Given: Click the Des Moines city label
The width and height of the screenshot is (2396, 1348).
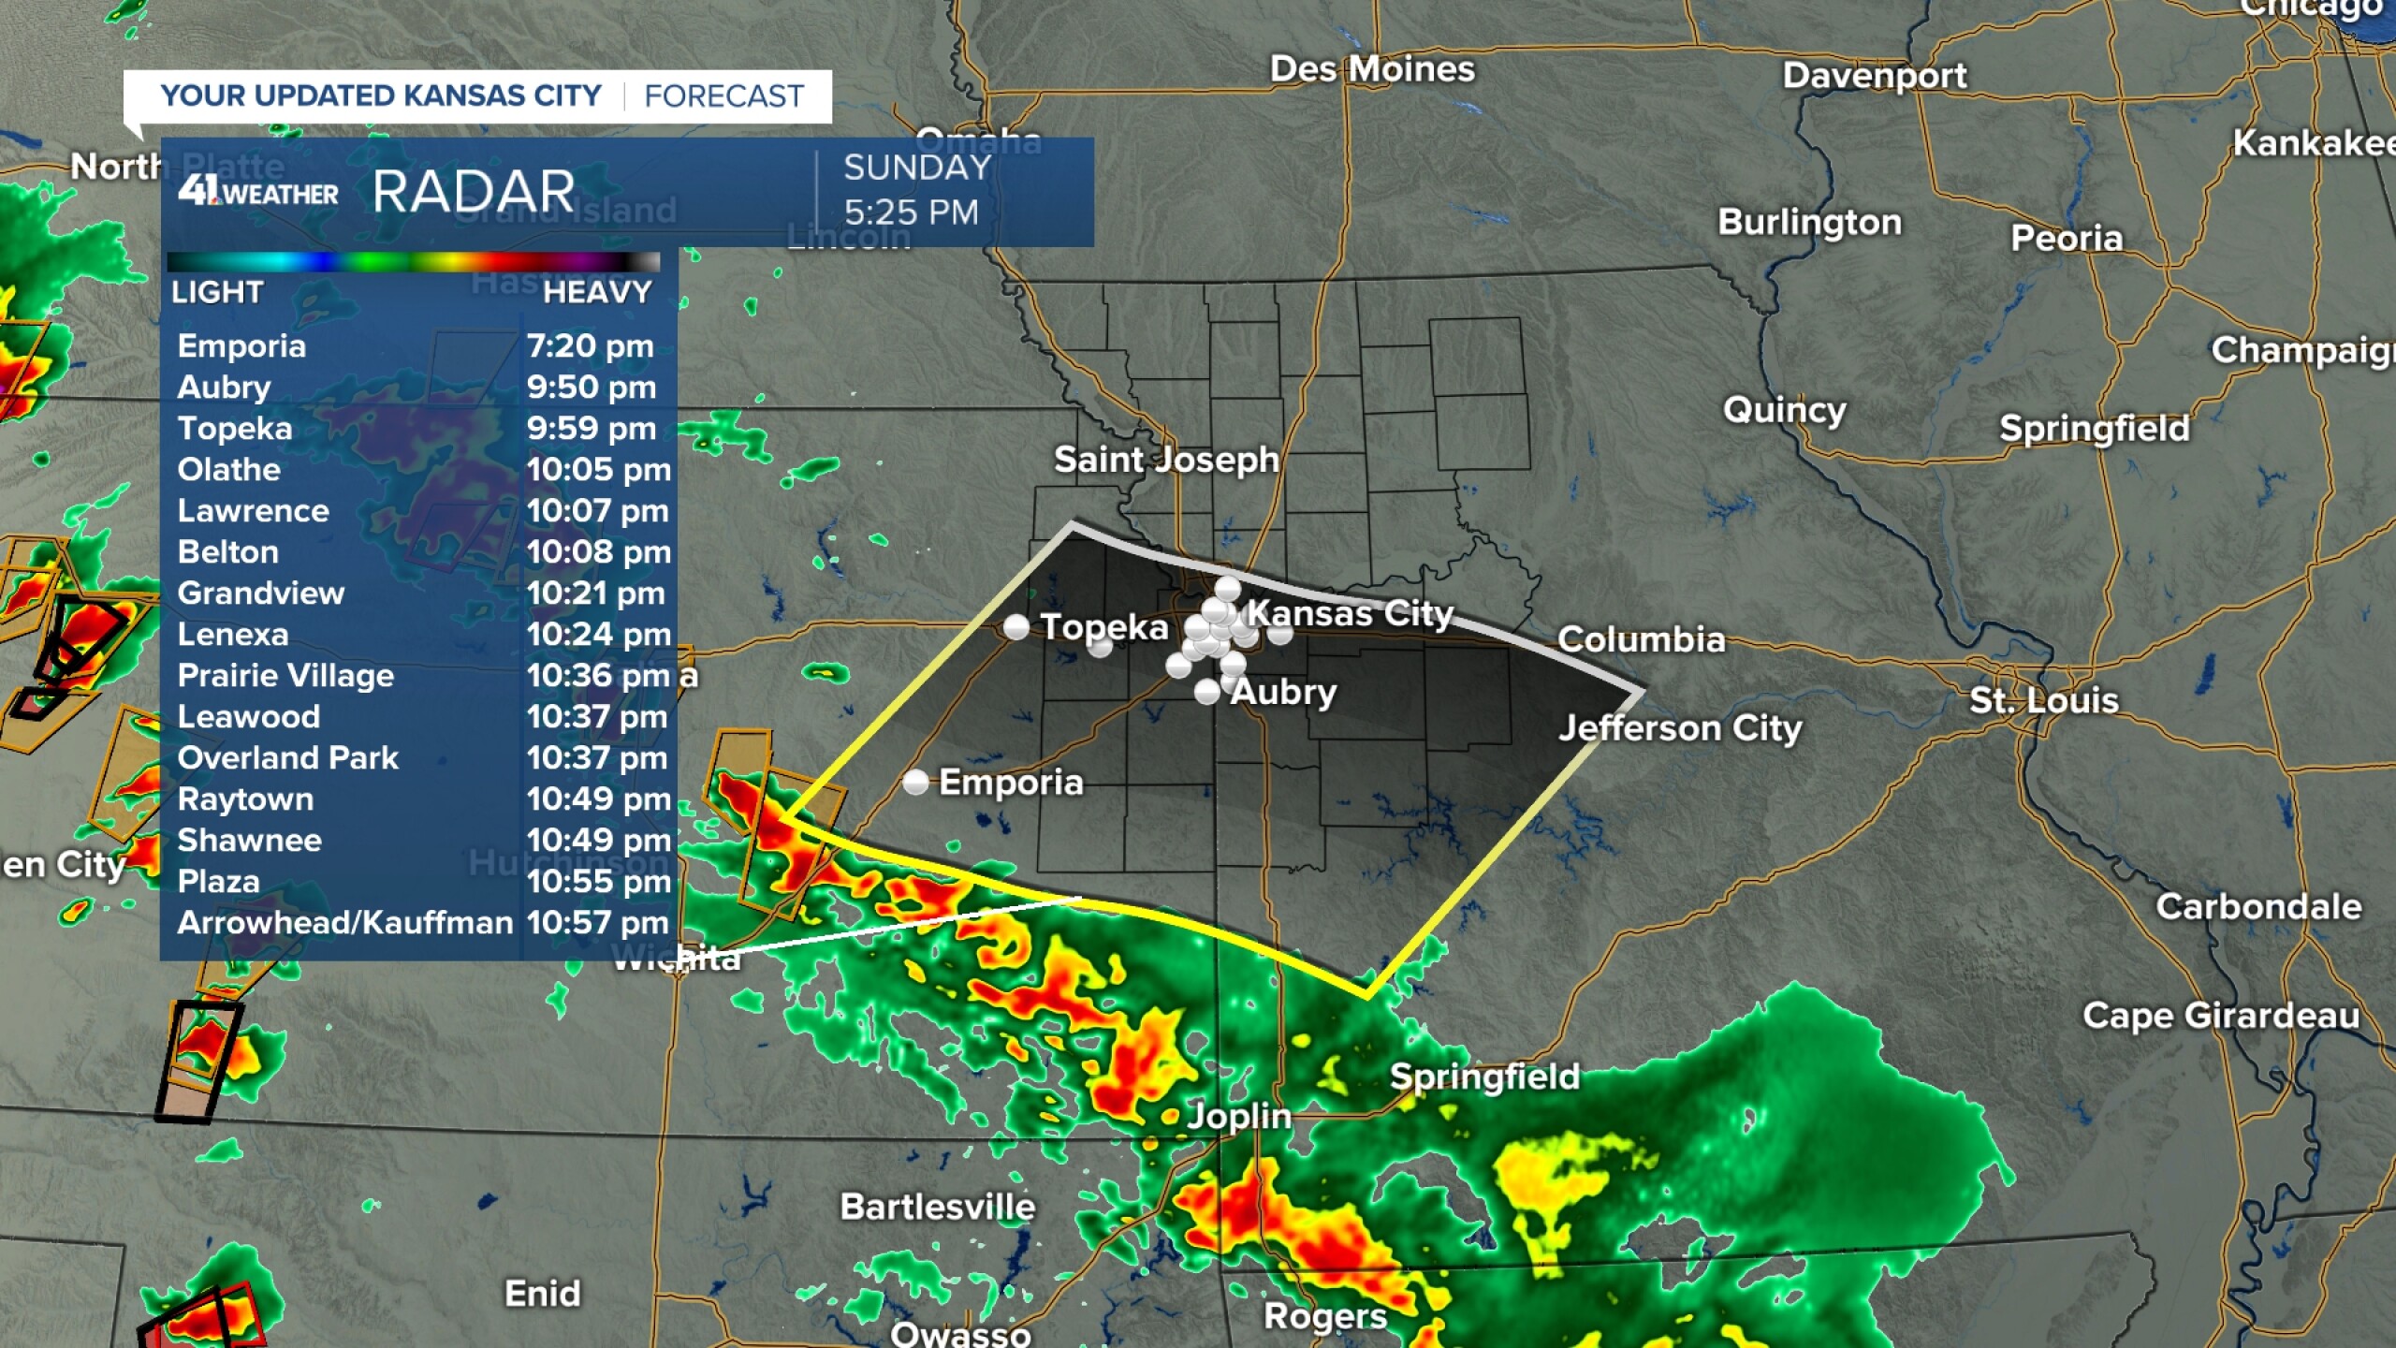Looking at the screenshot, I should (1371, 69).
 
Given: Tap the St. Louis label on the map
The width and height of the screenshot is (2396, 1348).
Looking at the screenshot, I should (2043, 700).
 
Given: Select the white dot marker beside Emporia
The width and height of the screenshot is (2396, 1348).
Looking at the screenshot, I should (915, 782).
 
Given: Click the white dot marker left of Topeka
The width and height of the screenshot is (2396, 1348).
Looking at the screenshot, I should (1015, 626).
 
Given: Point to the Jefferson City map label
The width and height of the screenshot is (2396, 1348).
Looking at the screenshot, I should (1680, 728).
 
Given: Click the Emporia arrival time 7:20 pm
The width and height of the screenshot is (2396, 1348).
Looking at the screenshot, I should (590, 346).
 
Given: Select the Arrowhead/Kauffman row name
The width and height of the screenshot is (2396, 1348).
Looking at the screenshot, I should (345, 923).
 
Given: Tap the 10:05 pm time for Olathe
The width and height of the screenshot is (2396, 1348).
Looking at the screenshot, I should (598, 470).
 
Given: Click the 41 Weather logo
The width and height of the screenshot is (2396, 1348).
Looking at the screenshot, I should (257, 191).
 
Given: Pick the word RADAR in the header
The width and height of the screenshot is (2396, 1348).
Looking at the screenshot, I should (474, 192).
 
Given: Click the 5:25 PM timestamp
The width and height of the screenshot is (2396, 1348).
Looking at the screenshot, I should (911, 212).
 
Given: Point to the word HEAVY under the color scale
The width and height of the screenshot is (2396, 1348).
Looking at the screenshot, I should (596, 293).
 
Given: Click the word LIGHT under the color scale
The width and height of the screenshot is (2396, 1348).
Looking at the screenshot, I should (217, 293).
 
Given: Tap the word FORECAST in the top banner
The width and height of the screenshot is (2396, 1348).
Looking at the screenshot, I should (723, 96).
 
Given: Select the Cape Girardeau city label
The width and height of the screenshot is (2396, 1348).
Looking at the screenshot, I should (2220, 1016).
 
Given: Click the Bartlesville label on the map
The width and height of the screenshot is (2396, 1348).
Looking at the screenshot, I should (937, 1207).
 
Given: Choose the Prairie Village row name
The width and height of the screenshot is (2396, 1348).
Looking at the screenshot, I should (285, 676).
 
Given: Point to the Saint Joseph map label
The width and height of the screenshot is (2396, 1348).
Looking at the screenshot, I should (1166, 460).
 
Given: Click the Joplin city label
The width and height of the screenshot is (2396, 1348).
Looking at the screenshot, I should (1238, 1116).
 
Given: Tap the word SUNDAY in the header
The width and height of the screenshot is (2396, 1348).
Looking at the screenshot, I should (917, 168).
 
